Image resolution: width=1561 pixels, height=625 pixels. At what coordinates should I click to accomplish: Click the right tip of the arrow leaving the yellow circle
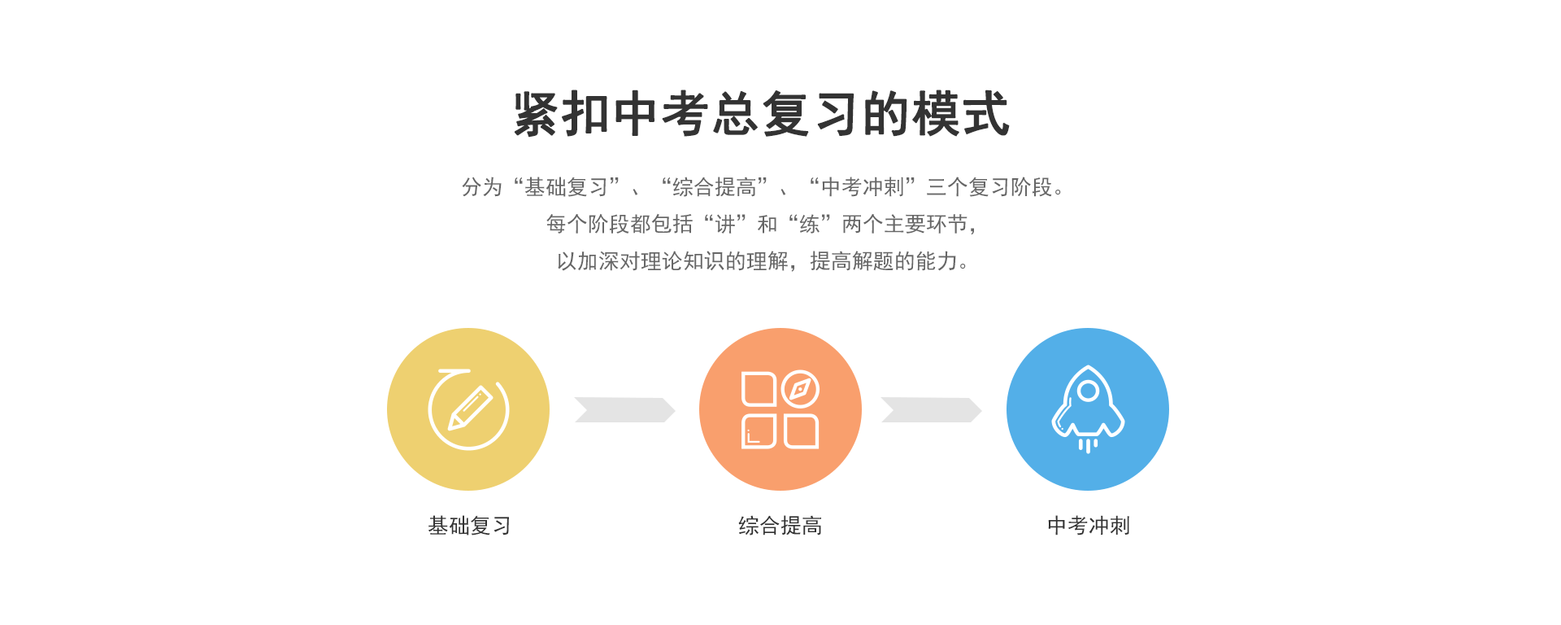pos(675,410)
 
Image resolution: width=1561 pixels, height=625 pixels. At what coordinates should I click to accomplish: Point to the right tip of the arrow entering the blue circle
pos(981,410)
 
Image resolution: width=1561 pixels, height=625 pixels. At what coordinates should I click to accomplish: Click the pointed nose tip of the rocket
pos(1088,367)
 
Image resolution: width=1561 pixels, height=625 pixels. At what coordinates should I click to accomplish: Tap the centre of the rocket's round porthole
pos(1088,391)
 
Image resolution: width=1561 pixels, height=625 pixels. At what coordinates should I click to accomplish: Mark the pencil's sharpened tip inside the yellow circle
pos(450,427)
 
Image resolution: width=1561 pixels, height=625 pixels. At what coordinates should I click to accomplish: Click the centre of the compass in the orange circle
pos(800,390)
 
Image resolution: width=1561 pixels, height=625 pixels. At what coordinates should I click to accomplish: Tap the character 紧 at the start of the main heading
pos(537,114)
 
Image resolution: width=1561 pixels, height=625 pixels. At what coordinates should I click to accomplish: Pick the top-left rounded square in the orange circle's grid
pos(759,389)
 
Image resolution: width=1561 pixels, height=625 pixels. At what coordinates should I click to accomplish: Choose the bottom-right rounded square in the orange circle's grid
pos(802,431)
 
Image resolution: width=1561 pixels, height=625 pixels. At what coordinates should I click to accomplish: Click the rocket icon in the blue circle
pos(1088,409)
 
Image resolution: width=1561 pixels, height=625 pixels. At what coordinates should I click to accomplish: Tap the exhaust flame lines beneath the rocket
pos(1088,445)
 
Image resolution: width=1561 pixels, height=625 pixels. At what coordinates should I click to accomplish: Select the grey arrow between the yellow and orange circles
pos(624,410)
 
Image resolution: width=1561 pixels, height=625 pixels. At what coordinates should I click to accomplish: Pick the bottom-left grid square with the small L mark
pos(759,431)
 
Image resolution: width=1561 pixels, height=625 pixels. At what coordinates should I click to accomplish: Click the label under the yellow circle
pos(470,526)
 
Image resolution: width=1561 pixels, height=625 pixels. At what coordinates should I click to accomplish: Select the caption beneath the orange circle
pos(780,526)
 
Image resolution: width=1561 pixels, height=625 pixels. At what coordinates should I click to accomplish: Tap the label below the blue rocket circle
pos(1089,526)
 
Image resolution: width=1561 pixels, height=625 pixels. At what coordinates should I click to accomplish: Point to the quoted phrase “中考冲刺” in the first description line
pos(863,187)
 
